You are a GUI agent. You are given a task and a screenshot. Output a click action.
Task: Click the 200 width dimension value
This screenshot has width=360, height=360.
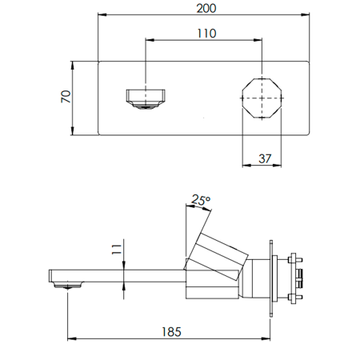[206, 9]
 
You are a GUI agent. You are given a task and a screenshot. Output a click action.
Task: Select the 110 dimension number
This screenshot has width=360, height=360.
[206, 34]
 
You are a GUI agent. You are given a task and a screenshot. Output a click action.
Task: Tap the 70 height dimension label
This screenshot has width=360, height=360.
[66, 97]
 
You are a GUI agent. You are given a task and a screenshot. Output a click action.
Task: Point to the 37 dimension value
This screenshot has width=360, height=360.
[265, 158]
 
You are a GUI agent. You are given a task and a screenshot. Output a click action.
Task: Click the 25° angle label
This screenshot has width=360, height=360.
[201, 200]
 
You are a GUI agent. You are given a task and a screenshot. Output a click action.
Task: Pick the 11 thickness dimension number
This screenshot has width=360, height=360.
[117, 250]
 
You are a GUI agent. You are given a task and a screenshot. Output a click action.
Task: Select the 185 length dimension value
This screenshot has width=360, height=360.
[171, 332]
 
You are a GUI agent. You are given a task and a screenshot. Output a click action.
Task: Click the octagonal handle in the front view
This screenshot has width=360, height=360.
[262, 98]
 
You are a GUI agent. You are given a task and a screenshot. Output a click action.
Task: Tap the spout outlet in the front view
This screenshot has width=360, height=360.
[146, 99]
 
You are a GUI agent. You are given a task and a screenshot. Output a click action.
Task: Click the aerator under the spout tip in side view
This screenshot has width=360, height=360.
[68, 286]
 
